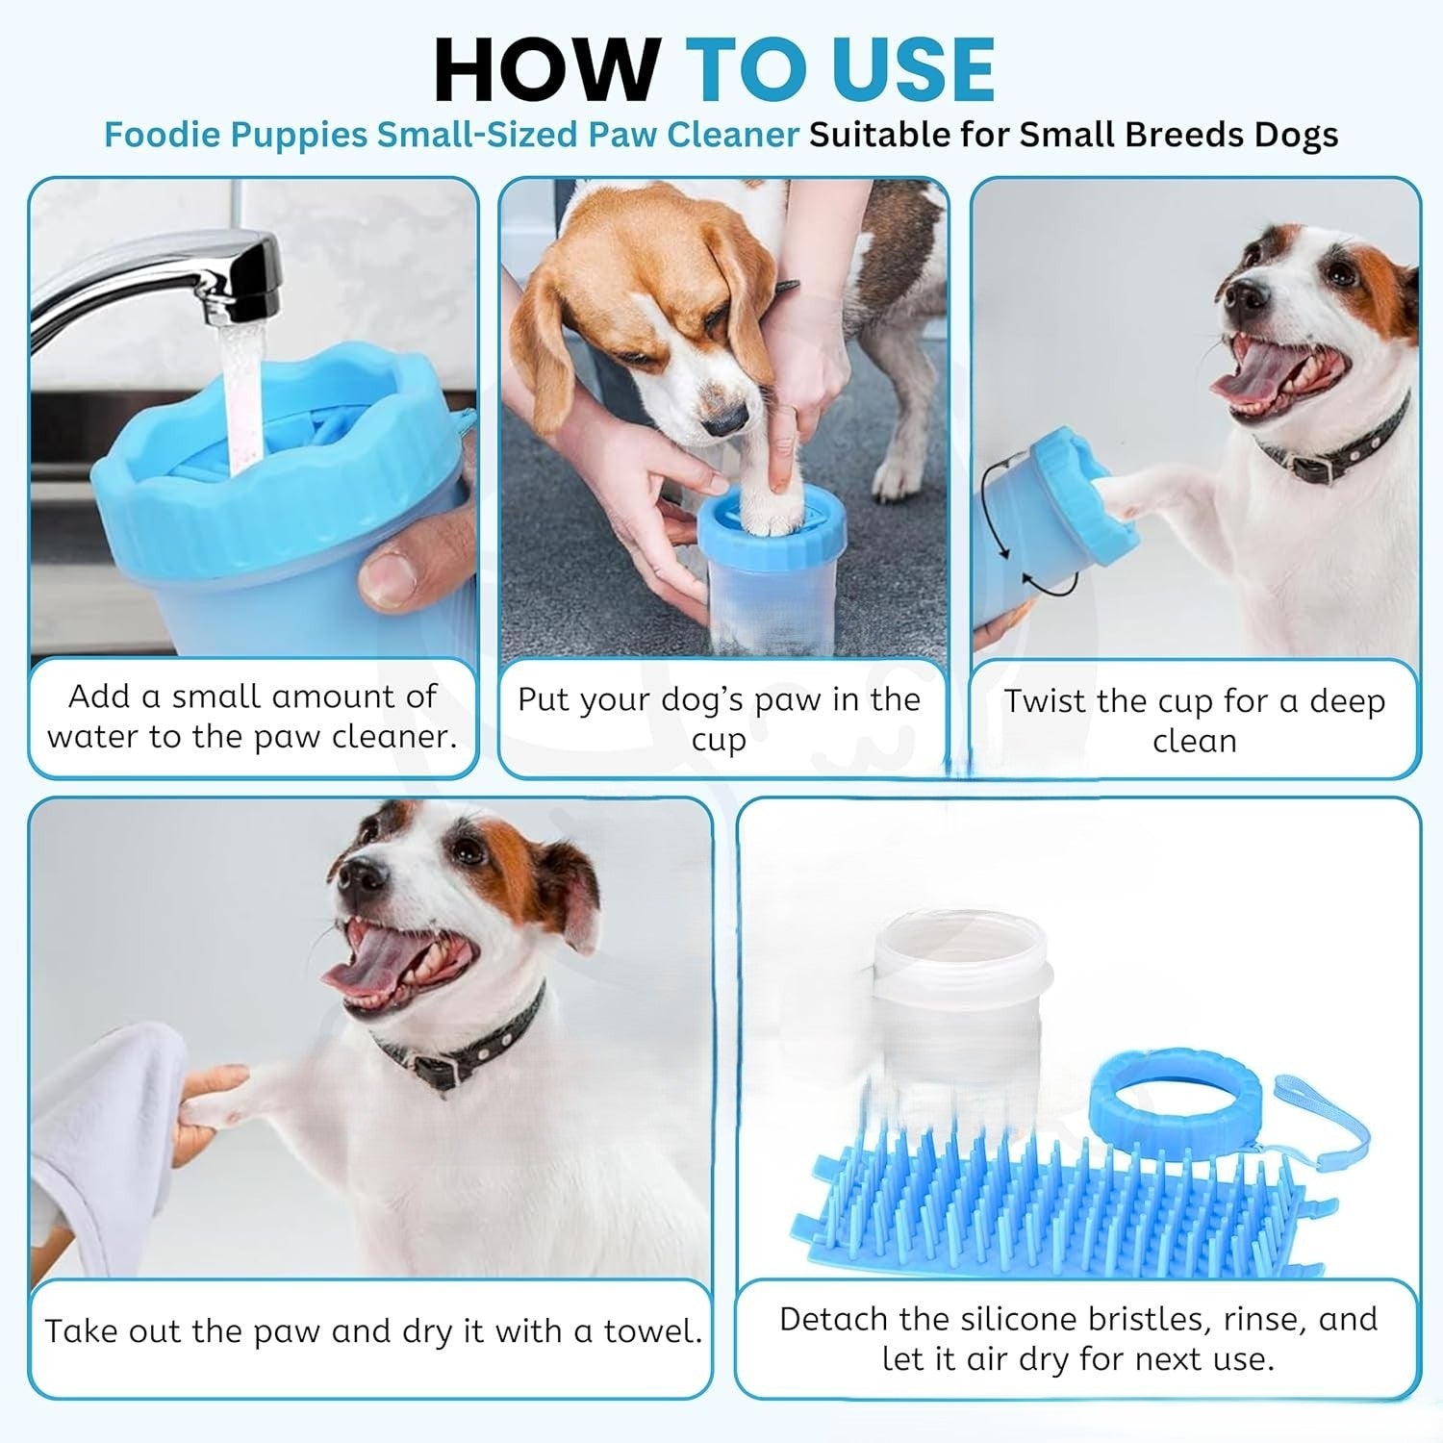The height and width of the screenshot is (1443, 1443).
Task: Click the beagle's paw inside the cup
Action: (770, 505)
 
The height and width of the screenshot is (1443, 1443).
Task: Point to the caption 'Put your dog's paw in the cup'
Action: (719, 719)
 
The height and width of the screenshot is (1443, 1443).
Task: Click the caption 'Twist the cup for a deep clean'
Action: (1195, 721)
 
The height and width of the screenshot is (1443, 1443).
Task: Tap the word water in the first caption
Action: (97, 737)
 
